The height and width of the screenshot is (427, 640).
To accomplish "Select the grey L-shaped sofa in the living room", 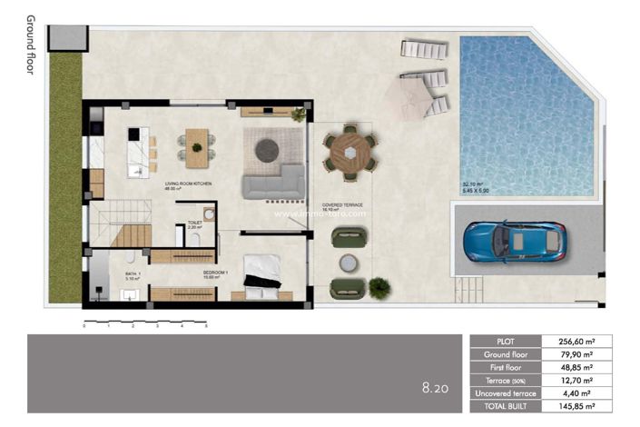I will point(273,182).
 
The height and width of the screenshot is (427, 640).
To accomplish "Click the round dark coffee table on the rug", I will point(267,151).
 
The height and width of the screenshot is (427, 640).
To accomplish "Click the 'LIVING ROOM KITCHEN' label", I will point(188,184).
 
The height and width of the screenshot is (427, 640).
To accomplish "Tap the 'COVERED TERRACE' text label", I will point(342,205).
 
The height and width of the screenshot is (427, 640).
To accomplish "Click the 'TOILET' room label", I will point(194,222).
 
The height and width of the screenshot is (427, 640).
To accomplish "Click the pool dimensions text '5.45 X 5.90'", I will point(478,189).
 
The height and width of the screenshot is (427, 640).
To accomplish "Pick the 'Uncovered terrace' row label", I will point(506,393).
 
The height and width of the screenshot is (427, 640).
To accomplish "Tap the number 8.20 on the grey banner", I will point(436,388).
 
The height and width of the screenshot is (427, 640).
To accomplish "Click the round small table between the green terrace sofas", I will point(349,263).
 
